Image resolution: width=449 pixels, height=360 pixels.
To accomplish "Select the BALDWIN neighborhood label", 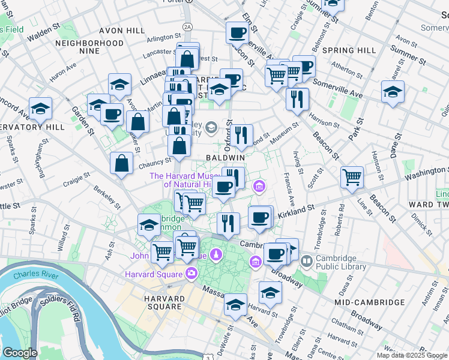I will coord(225,157).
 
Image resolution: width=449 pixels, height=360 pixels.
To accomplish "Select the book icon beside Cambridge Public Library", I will coord(307,261).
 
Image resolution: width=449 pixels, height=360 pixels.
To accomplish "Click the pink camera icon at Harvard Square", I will coord(191,274).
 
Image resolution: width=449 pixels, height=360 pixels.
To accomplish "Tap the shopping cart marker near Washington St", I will coord(352,176).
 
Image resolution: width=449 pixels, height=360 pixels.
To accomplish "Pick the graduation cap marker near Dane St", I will coord(393,92).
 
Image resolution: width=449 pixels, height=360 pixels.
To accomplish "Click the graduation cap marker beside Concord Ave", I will coord(40,109).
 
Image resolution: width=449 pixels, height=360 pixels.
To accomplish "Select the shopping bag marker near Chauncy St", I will coord(122,163).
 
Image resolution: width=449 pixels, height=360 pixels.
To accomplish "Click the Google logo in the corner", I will coord(20,353).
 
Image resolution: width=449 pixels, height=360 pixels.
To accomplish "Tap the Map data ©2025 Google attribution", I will coord(412,355).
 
